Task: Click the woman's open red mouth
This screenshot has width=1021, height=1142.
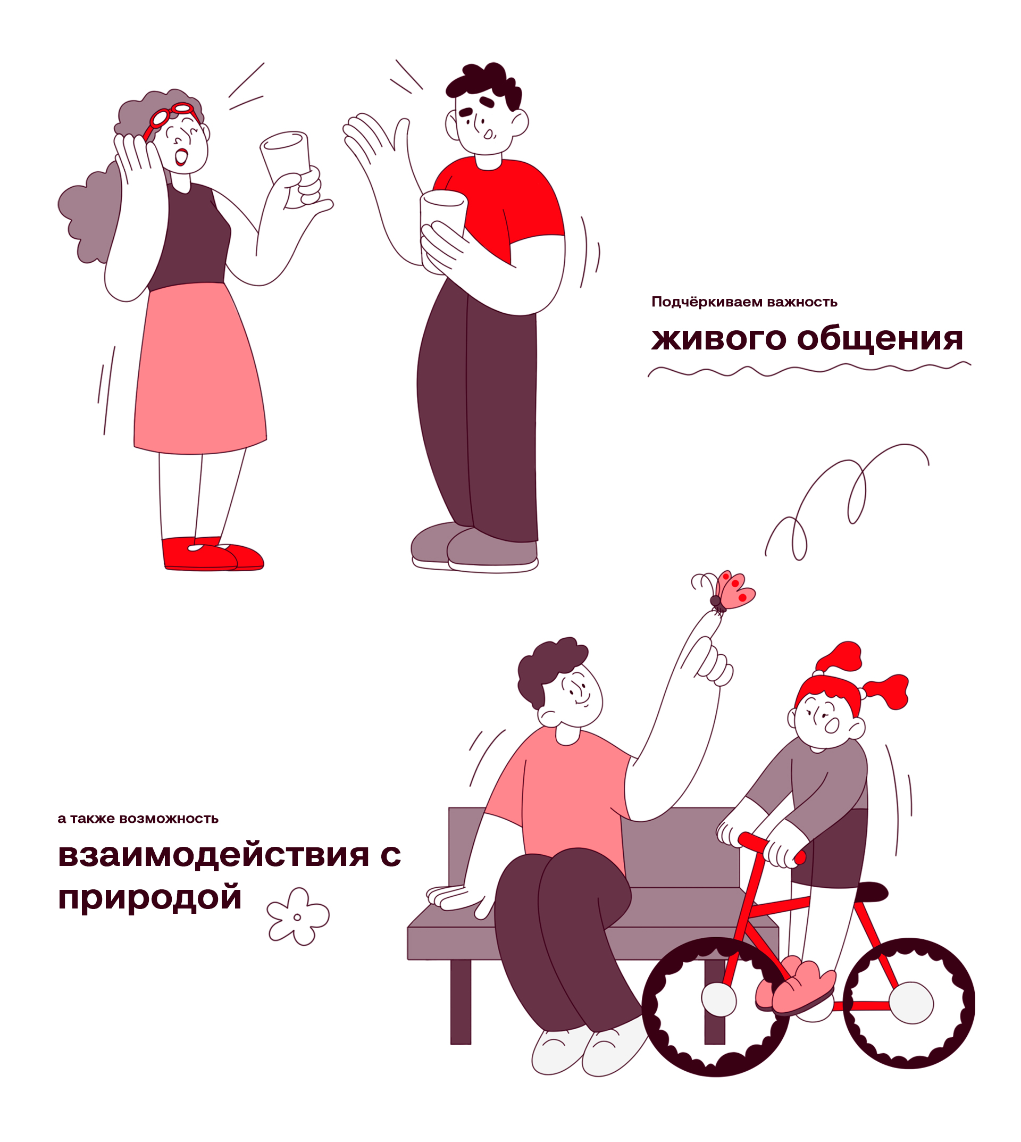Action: (x=181, y=156)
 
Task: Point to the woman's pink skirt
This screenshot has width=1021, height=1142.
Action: (x=200, y=368)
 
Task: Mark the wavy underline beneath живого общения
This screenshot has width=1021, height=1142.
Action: (x=809, y=369)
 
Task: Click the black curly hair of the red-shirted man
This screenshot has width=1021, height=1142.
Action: (x=483, y=86)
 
